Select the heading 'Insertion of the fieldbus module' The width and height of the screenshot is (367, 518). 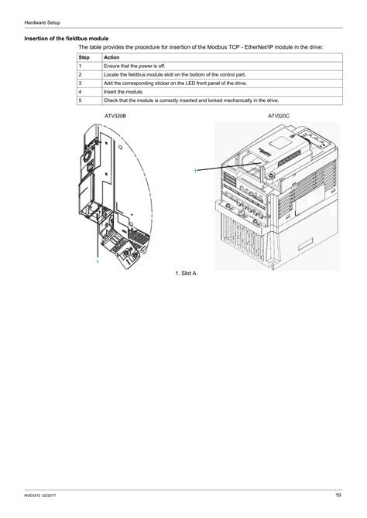67,38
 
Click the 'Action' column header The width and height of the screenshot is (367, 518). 111,57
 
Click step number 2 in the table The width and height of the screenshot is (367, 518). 81,74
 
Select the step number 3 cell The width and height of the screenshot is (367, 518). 81,83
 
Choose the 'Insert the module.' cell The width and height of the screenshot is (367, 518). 124,91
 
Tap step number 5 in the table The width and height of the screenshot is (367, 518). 81,100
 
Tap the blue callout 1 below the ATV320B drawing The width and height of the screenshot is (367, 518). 98,262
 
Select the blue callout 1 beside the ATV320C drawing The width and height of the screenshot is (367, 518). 195,170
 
